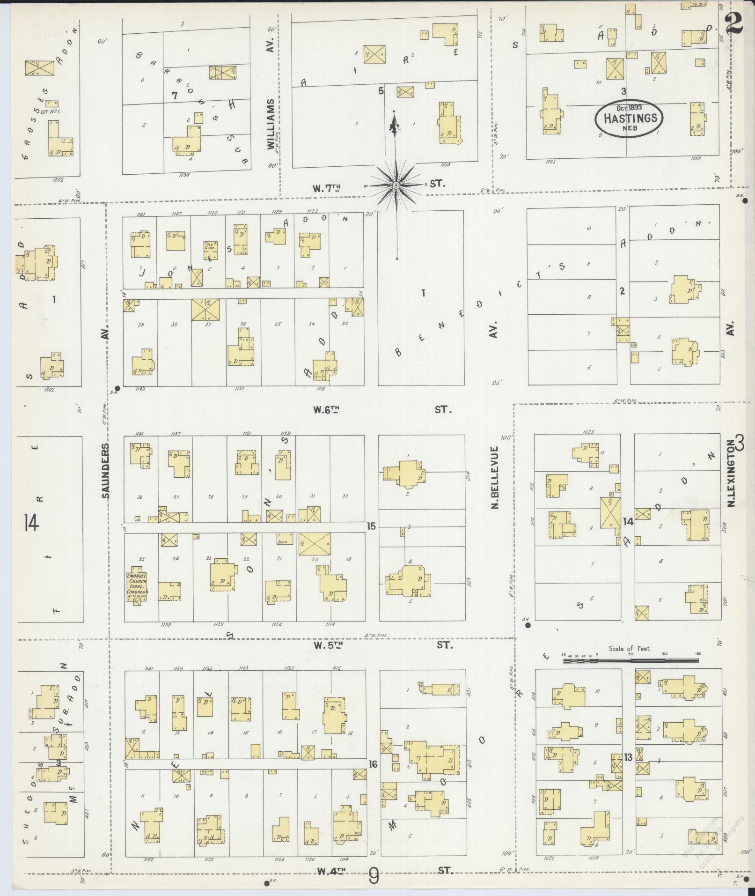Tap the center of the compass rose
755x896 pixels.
pyautogui.click(x=396, y=185)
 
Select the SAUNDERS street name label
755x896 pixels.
pyautogui.click(x=105, y=470)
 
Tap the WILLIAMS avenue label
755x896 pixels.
pyautogui.click(x=271, y=124)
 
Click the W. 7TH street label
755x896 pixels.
pyautogui.click(x=326, y=188)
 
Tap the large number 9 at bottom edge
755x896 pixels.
pyautogui.click(x=374, y=876)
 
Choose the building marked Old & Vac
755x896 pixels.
pyautogui.click(x=210, y=250)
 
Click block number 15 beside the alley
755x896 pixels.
pyautogui.click(x=371, y=526)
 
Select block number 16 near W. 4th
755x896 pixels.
pyautogui.click(x=373, y=764)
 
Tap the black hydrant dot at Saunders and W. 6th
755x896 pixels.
pyautogui.click(x=117, y=388)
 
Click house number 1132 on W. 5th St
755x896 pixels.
pyautogui.click(x=218, y=624)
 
